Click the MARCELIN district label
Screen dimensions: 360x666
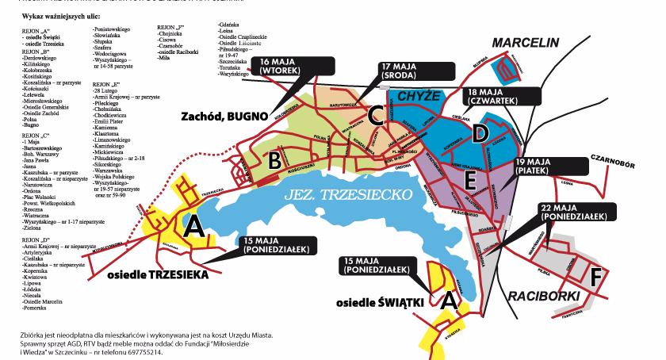[534, 41]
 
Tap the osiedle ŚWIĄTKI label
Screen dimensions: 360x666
[377, 303]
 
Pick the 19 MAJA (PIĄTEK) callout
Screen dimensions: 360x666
[549, 166]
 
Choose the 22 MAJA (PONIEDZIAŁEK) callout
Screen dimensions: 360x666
[576, 211]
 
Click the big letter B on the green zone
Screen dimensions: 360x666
[274, 160]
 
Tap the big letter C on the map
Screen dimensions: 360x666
[376, 116]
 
